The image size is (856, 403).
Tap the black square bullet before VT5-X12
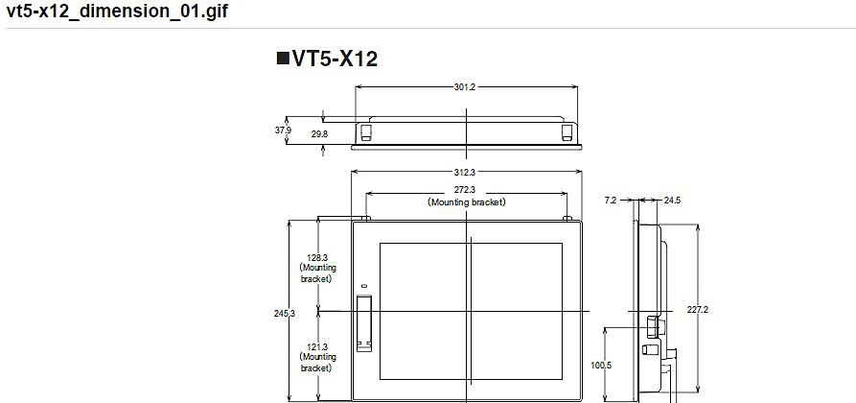(x=283, y=59)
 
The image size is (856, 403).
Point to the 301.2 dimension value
(x=465, y=87)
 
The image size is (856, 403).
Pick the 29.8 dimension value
(x=319, y=135)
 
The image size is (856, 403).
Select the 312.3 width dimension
(x=465, y=173)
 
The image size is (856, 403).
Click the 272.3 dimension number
(x=465, y=191)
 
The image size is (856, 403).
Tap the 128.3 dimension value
(x=317, y=258)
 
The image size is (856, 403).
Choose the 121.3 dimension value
(x=317, y=347)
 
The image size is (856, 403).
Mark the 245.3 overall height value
(x=284, y=314)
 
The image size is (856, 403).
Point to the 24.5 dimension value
(x=672, y=201)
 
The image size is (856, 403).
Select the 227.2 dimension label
(x=698, y=310)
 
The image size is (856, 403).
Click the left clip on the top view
(x=365, y=131)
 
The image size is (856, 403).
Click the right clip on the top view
(x=567, y=131)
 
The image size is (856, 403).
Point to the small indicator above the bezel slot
(x=364, y=287)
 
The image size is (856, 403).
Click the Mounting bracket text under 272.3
(x=466, y=202)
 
